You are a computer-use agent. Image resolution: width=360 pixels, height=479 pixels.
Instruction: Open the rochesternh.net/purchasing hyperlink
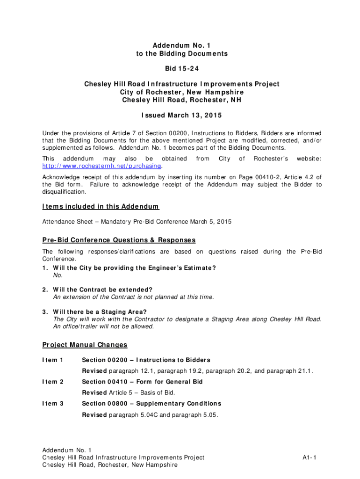(102, 166)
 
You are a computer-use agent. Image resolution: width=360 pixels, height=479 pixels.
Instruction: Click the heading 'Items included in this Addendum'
(101, 206)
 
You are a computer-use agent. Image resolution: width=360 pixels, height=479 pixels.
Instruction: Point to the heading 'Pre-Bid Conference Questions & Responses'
(119, 240)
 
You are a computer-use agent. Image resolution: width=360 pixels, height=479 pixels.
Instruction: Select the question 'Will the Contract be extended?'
(103, 290)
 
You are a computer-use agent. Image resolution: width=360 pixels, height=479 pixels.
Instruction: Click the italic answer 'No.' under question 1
(58, 275)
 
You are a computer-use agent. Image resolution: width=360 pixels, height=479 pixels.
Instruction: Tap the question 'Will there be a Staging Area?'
(100, 312)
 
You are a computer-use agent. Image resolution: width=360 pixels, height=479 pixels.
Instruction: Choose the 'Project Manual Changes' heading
(85, 345)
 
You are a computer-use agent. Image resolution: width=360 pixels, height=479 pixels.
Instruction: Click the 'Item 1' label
(53, 360)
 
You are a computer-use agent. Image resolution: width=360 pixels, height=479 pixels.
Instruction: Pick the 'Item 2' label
(53, 382)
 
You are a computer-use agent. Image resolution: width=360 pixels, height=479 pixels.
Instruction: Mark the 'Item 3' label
(53, 403)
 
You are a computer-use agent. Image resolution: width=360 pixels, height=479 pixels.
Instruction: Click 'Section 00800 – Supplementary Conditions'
(151, 403)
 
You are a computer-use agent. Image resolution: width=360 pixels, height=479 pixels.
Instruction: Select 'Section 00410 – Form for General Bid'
(142, 382)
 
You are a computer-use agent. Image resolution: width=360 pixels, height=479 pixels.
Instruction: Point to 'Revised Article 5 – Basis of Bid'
(135, 392)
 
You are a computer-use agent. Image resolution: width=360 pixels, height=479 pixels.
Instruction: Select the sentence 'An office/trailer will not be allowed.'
(103, 326)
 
